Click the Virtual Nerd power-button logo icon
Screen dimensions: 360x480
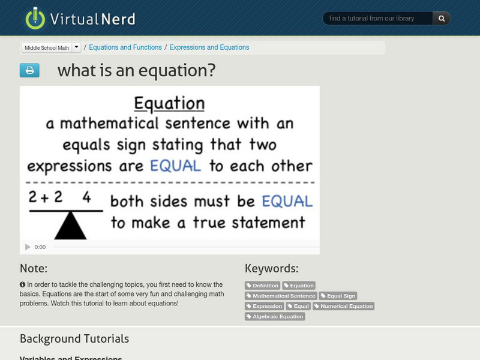35,19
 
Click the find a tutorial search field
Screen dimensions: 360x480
377,19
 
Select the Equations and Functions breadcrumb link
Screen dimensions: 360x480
125,47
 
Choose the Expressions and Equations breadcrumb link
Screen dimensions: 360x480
209,47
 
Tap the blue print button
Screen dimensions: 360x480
29,70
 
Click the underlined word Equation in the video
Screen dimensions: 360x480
169,104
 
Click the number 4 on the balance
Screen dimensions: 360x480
86,197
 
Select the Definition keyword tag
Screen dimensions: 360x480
263,286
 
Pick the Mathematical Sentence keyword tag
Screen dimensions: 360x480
281,296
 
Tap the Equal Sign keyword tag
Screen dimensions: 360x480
338,296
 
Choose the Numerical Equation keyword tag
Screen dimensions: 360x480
343,306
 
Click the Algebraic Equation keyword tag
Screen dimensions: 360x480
275,316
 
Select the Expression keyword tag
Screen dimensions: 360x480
264,306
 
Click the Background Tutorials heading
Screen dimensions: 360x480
74,339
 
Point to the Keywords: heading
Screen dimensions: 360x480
271,268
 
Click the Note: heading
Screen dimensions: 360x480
34,268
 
